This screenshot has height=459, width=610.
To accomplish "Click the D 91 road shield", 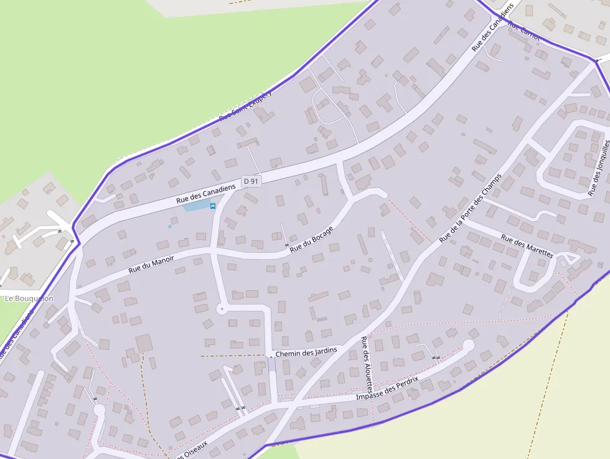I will (251, 181).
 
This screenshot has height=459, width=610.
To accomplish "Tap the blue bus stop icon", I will (213, 206).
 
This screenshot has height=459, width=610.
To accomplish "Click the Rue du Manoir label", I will (151, 263).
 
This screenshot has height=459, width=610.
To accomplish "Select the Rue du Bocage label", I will (311, 239).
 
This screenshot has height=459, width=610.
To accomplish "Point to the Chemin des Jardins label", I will (306, 352).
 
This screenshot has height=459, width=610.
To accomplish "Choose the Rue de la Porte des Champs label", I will (470, 207).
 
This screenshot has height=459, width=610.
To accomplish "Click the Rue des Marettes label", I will (527, 247).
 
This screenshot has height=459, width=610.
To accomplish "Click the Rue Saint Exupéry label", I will (246, 105).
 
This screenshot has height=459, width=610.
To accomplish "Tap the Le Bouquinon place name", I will (29, 298).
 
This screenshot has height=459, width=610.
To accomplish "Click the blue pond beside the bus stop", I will (196, 206).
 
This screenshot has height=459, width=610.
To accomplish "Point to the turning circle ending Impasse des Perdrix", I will (469, 345).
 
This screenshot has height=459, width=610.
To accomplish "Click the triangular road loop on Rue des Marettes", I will (570, 258).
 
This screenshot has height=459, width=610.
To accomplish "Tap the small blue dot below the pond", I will (169, 226).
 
